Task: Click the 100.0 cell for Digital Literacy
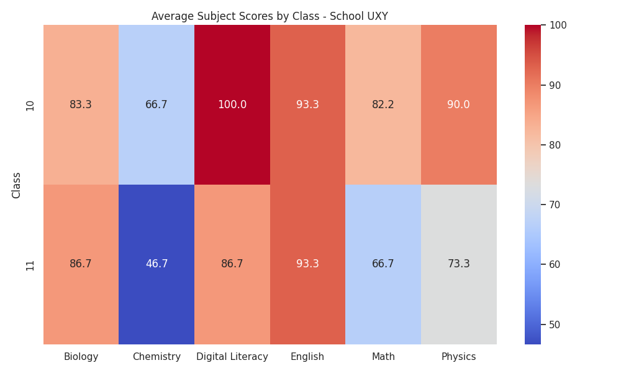pyautogui.click(x=232, y=104)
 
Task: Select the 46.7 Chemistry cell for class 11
pyautogui.click(x=156, y=264)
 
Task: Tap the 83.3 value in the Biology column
pyautogui.click(x=81, y=104)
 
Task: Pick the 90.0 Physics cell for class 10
pyautogui.click(x=459, y=104)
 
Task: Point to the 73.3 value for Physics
pyautogui.click(x=459, y=264)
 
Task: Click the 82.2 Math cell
pyautogui.click(x=383, y=104)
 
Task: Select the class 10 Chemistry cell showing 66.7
pyautogui.click(x=156, y=104)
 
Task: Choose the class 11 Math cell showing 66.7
pyautogui.click(x=383, y=264)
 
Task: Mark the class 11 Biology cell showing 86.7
pyautogui.click(x=81, y=264)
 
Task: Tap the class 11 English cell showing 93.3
pyautogui.click(x=308, y=264)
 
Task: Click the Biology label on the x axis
pyautogui.click(x=81, y=357)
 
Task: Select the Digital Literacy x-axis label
pyautogui.click(x=232, y=357)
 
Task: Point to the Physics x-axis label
pyautogui.click(x=459, y=357)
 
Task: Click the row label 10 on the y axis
pyautogui.click(x=30, y=106)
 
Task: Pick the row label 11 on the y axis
pyautogui.click(x=30, y=265)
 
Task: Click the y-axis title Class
pyautogui.click(x=16, y=185)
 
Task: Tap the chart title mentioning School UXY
pyautogui.click(x=270, y=16)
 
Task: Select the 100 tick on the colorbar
pyautogui.click(x=558, y=25)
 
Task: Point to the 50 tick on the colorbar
pyautogui.click(x=555, y=325)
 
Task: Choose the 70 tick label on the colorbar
pyautogui.click(x=555, y=205)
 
